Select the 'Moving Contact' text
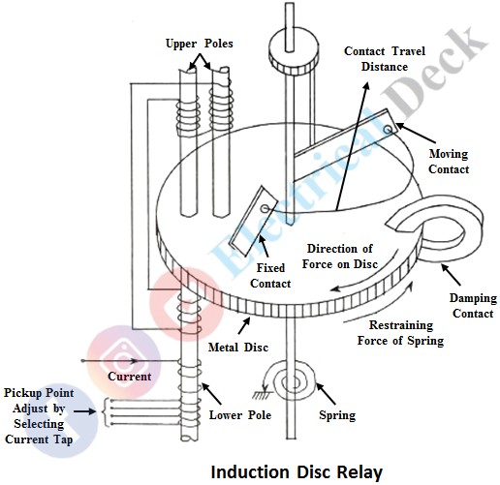[x=449, y=161]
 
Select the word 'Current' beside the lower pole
[x=130, y=376]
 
